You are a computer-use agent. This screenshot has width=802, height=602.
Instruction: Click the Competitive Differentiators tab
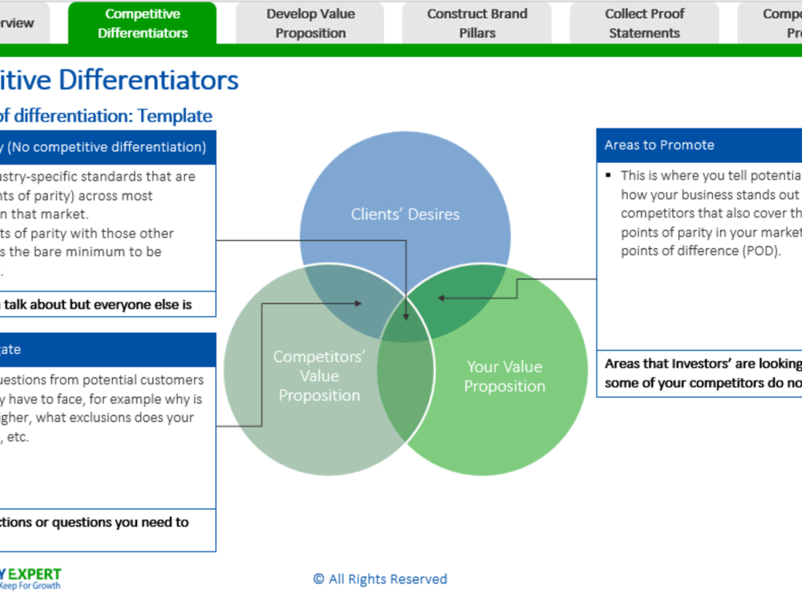(142, 23)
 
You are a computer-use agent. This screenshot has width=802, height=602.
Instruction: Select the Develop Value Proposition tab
(310, 23)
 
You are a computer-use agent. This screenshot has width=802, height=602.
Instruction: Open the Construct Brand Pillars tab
(477, 23)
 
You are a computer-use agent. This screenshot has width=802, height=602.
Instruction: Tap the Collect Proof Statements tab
(644, 23)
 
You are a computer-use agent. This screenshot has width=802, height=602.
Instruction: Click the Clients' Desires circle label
(405, 214)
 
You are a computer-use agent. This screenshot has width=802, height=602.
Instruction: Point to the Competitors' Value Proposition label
(319, 376)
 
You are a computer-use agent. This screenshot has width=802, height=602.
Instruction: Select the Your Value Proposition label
(504, 376)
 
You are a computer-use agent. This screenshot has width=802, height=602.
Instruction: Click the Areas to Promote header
(659, 145)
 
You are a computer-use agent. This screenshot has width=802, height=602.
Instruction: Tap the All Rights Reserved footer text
(387, 579)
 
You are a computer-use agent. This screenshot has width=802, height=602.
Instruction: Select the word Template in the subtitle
(174, 116)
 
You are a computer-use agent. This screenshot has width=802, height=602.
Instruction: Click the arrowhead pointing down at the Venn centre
(407, 316)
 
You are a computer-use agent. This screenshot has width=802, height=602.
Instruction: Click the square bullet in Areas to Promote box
(610, 175)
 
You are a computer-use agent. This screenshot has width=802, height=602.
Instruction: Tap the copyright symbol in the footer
(318, 579)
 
